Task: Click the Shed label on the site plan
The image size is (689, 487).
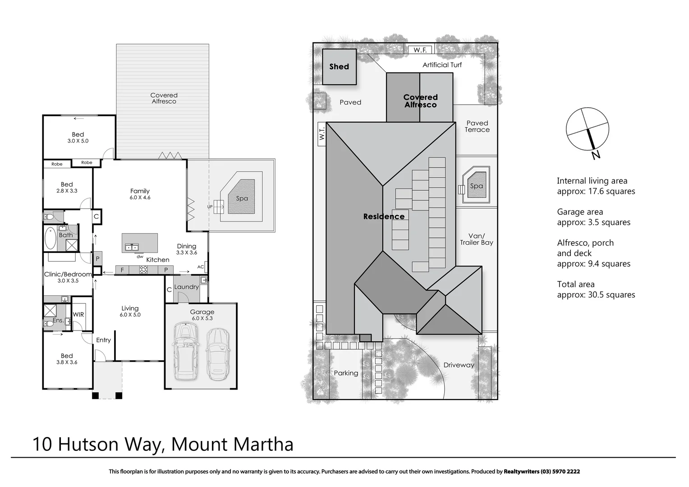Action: tap(339, 67)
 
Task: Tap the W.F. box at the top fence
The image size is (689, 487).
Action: tap(420, 50)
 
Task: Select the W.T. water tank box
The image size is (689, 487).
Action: tap(322, 134)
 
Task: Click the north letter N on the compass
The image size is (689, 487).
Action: tap(596, 155)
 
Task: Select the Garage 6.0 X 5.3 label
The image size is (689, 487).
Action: tap(202, 315)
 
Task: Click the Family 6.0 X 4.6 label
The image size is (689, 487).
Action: tap(140, 194)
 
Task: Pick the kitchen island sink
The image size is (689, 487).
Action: tap(132, 247)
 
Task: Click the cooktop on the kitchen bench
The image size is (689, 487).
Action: tap(143, 270)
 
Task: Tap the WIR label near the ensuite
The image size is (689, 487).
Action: tap(78, 315)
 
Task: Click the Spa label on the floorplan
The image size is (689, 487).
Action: tap(242, 198)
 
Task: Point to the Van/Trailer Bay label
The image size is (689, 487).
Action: tap(476, 239)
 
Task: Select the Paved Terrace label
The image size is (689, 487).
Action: tap(477, 126)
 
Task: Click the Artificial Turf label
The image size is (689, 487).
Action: tap(442, 65)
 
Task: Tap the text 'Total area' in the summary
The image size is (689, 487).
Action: tap(576, 285)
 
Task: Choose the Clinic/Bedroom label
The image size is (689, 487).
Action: tap(68, 274)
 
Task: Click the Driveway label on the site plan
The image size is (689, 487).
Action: tap(459, 365)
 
